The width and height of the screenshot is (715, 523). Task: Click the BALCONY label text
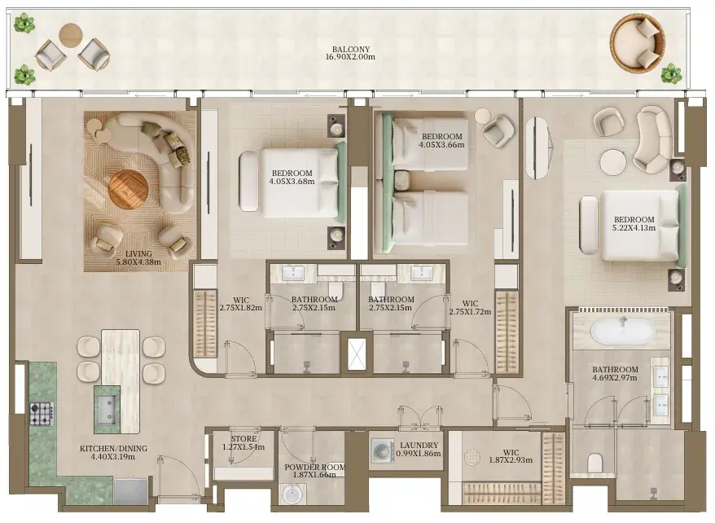pyautogui.click(x=351, y=49)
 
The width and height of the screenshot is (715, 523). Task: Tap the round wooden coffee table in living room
pyautogui.click(x=128, y=188)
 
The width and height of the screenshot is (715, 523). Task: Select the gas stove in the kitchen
pyautogui.click(x=42, y=414)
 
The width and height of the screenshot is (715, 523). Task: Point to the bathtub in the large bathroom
pyautogui.click(x=623, y=331)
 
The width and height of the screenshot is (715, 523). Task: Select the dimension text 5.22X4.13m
pyautogui.click(x=634, y=227)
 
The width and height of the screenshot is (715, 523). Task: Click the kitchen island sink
pyautogui.click(x=107, y=407)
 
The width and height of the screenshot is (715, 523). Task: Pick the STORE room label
pyautogui.click(x=243, y=439)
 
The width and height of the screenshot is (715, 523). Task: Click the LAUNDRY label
pyautogui.click(x=419, y=446)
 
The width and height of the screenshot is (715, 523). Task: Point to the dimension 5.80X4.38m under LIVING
pyautogui.click(x=138, y=262)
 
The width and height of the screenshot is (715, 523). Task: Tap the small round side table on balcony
pyautogui.click(x=71, y=35)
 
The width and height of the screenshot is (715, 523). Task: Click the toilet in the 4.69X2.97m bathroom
pyautogui.click(x=595, y=464)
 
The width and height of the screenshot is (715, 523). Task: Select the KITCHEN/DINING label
pyautogui.click(x=113, y=449)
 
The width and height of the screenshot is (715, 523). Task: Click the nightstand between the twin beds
pyautogui.click(x=402, y=181)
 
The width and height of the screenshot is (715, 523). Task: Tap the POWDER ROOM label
pyautogui.click(x=314, y=468)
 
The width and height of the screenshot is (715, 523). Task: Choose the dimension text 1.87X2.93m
pyautogui.click(x=511, y=460)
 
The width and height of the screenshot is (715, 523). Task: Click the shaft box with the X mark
pyautogui.click(x=357, y=354)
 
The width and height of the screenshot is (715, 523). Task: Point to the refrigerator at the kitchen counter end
pyautogui.click(x=131, y=491)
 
